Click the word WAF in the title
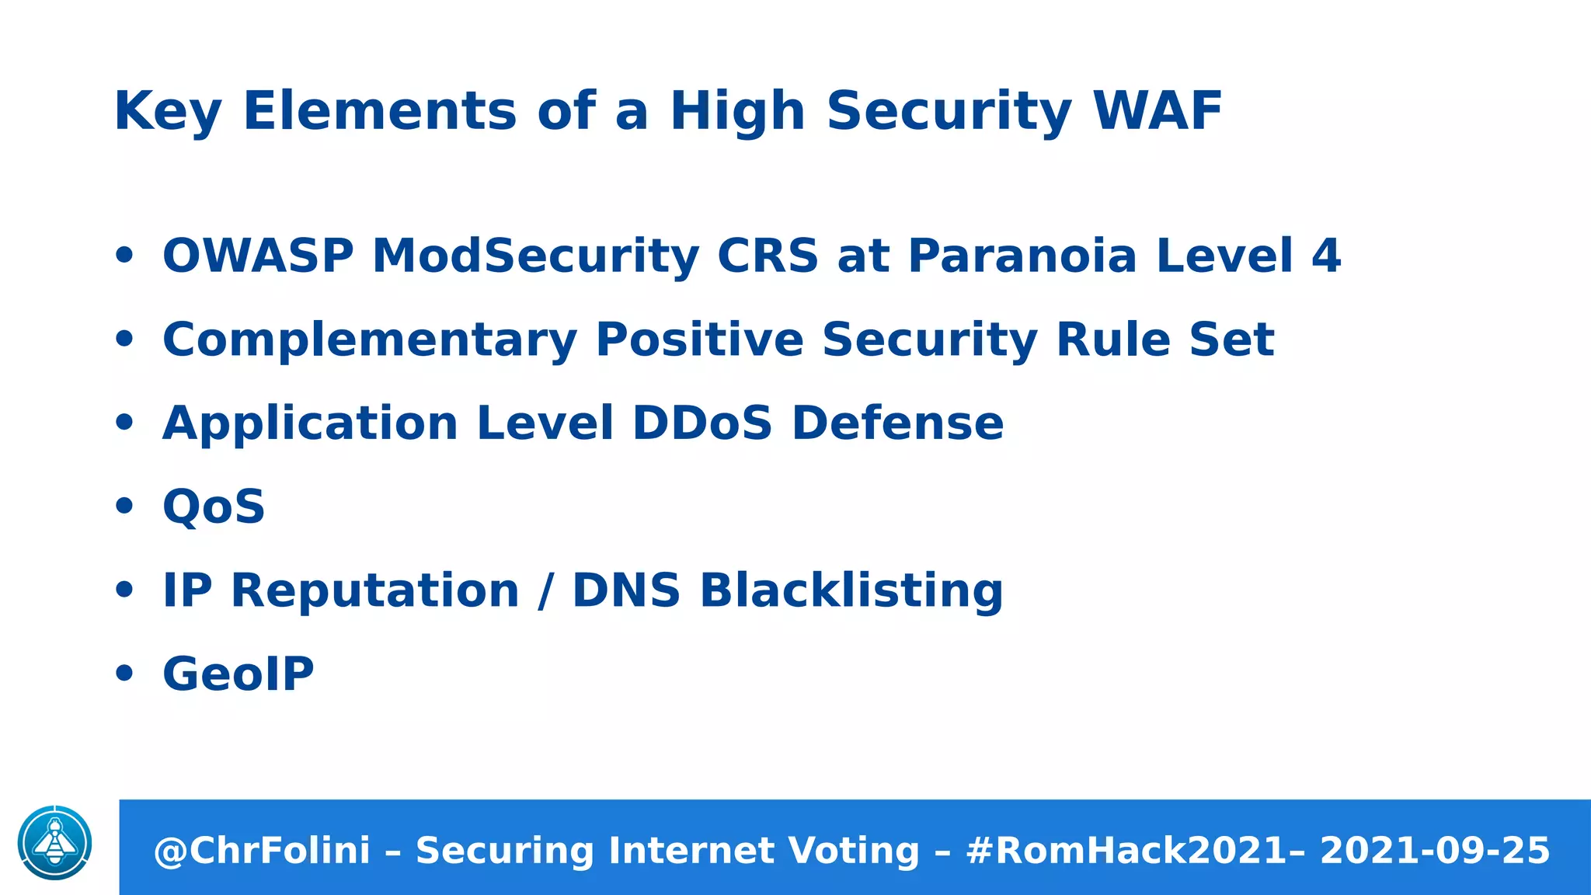click(x=1157, y=111)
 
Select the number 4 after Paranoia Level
click(x=1326, y=256)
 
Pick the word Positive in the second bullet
click(x=699, y=340)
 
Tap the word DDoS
click(x=702, y=423)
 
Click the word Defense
click(x=897, y=423)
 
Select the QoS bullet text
click(x=214, y=507)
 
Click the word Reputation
click(x=375, y=590)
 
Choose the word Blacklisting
click(x=851, y=590)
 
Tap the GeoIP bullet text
click(x=238, y=674)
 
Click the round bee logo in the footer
click(x=54, y=843)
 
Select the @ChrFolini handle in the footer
click(x=262, y=851)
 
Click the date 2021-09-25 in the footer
click(x=1434, y=851)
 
